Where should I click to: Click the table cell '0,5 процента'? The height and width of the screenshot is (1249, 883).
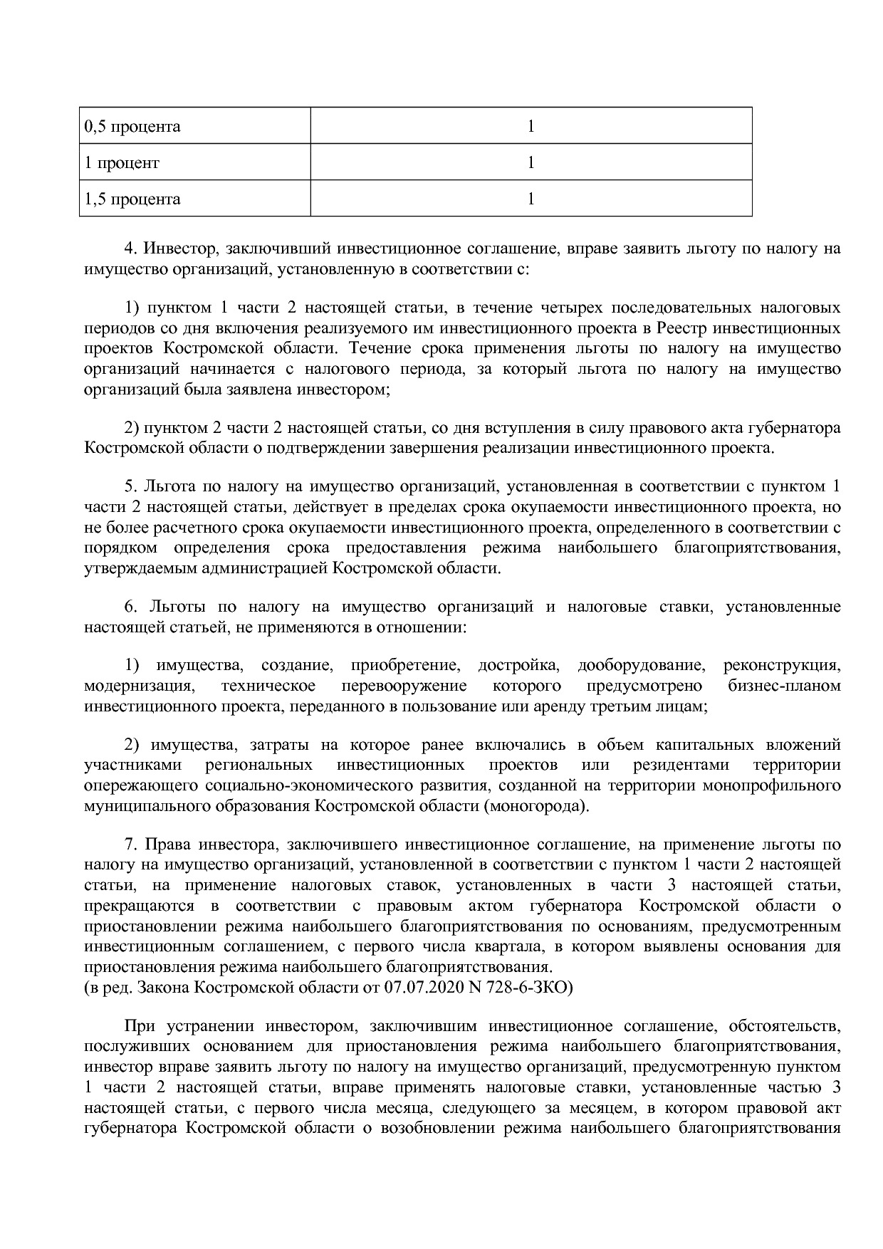132,127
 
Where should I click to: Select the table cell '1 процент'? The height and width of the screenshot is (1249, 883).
122,163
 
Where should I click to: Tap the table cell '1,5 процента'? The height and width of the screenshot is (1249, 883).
132,199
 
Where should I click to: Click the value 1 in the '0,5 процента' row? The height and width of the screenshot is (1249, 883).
531,127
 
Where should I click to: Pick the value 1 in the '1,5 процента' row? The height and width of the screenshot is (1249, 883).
531,199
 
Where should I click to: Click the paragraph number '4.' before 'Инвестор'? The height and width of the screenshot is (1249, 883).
130,249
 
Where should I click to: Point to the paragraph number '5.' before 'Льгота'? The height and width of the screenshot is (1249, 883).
130,487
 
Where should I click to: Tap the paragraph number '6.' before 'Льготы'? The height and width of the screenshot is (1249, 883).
130,607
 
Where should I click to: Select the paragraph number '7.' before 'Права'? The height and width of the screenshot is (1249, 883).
130,845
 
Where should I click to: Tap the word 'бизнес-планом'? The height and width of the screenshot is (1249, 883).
784,686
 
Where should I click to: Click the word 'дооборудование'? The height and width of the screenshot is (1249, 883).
642,666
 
